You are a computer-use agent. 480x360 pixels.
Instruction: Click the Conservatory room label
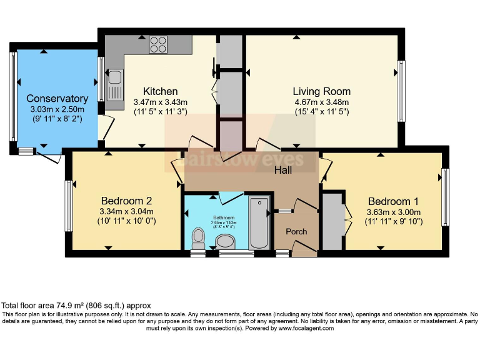click(x=57, y=99)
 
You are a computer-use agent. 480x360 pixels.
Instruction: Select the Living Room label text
click(x=322, y=91)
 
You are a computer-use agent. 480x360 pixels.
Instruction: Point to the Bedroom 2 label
click(x=127, y=201)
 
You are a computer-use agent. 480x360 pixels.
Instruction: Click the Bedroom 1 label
click(x=393, y=201)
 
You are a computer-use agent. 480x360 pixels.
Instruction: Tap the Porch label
click(x=296, y=232)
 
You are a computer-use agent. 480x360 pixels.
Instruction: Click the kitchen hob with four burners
click(x=158, y=44)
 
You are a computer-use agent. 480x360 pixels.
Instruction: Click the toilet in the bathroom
click(x=199, y=237)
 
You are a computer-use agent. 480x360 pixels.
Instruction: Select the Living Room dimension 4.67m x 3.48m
click(x=322, y=102)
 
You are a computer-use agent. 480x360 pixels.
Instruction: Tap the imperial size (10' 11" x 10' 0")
click(x=127, y=221)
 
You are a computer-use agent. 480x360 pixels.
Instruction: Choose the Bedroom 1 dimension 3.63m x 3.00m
click(x=393, y=211)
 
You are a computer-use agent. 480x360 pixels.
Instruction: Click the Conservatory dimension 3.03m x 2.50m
click(x=57, y=109)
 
